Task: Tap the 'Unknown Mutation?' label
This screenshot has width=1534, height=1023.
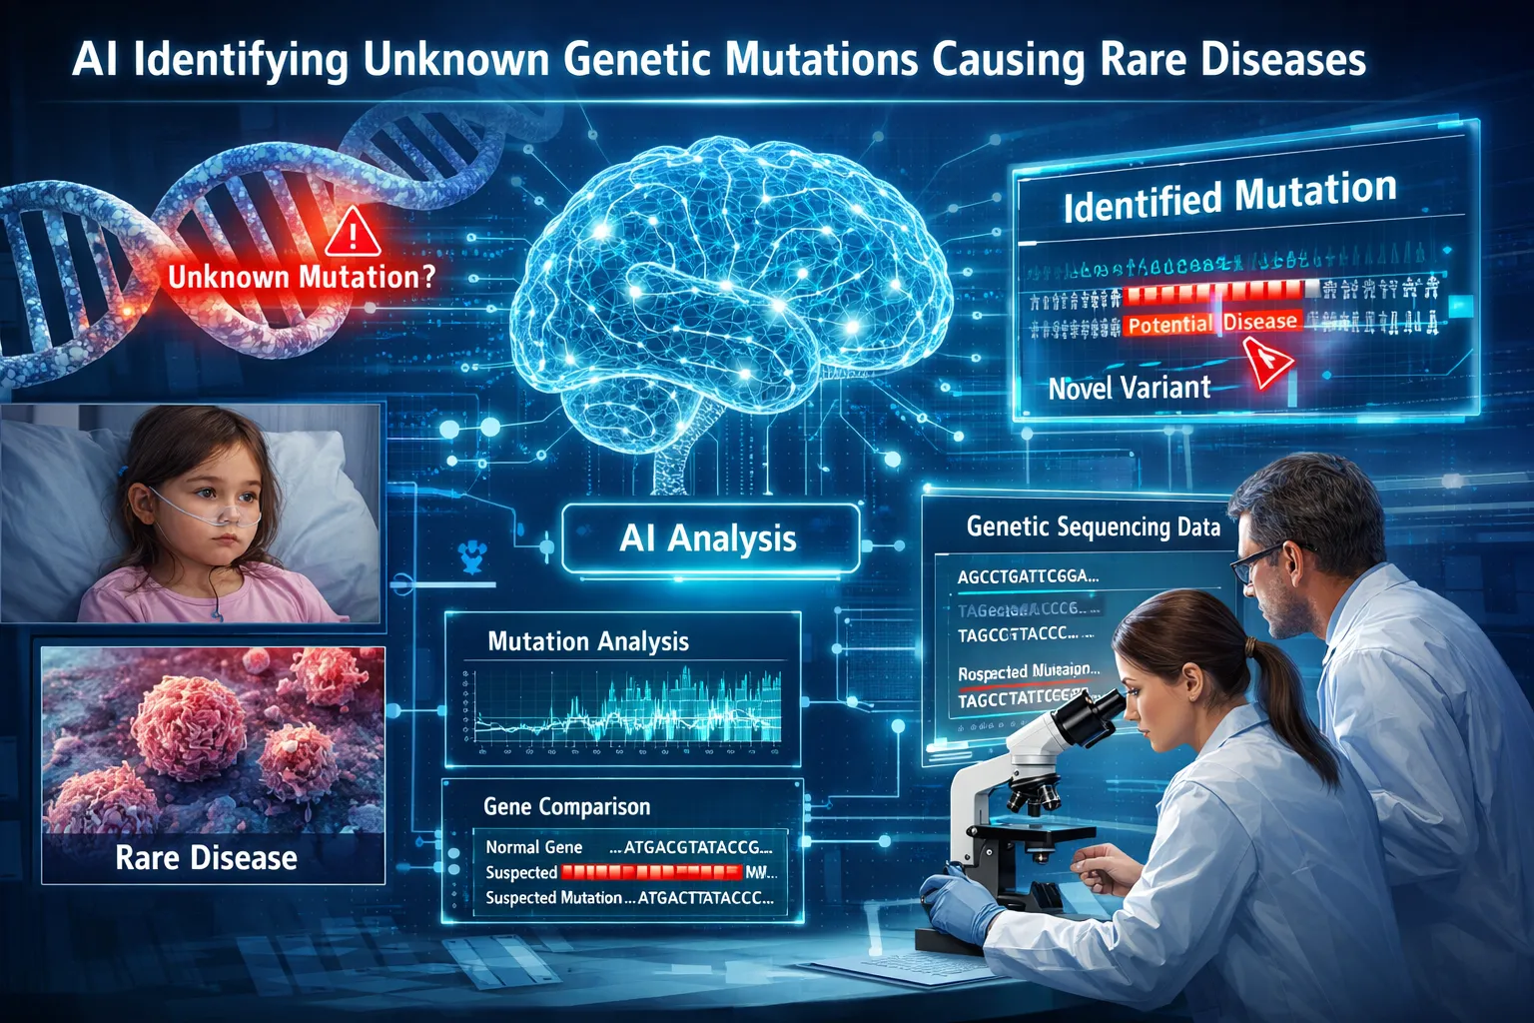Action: pyautogui.click(x=302, y=277)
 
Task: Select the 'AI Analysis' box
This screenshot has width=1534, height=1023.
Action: pyautogui.click(x=709, y=538)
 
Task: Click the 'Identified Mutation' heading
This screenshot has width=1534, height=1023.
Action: pyautogui.click(x=1229, y=197)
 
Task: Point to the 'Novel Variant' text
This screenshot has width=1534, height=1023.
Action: pyautogui.click(x=1130, y=388)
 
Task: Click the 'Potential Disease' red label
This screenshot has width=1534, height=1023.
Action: pyautogui.click(x=1212, y=323)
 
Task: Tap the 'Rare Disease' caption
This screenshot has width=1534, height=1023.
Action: pyautogui.click(x=206, y=858)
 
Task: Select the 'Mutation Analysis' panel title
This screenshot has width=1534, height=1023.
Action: pyautogui.click(x=588, y=641)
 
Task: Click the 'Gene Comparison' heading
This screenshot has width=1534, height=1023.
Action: pyautogui.click(x=566, y=806)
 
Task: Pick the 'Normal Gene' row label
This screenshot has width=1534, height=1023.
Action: pyautogui.click(x=534, y=847)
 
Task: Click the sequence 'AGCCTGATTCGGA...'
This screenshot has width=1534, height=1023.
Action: pyautogui.click(x=1028, y=576)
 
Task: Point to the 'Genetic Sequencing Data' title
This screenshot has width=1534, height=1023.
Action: pyautogui.click(x=1094, y=526)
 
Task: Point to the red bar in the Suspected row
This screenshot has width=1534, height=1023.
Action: pyautogui.click(x=650, y=872)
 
